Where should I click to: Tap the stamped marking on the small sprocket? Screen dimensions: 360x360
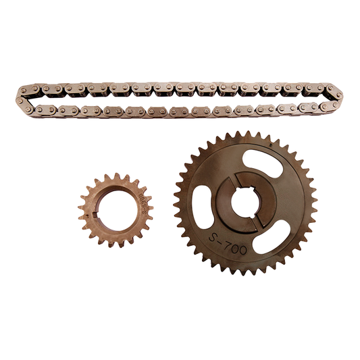click(143, 203)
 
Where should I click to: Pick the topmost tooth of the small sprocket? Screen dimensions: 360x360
click(115, 175)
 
